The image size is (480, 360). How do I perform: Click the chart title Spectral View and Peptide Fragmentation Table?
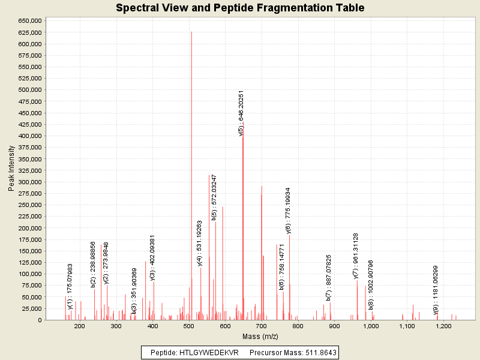240,8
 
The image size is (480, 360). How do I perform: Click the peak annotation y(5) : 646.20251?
241,113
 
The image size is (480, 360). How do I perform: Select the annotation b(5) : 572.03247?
214,197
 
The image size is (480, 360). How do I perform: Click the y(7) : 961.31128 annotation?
356,256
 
